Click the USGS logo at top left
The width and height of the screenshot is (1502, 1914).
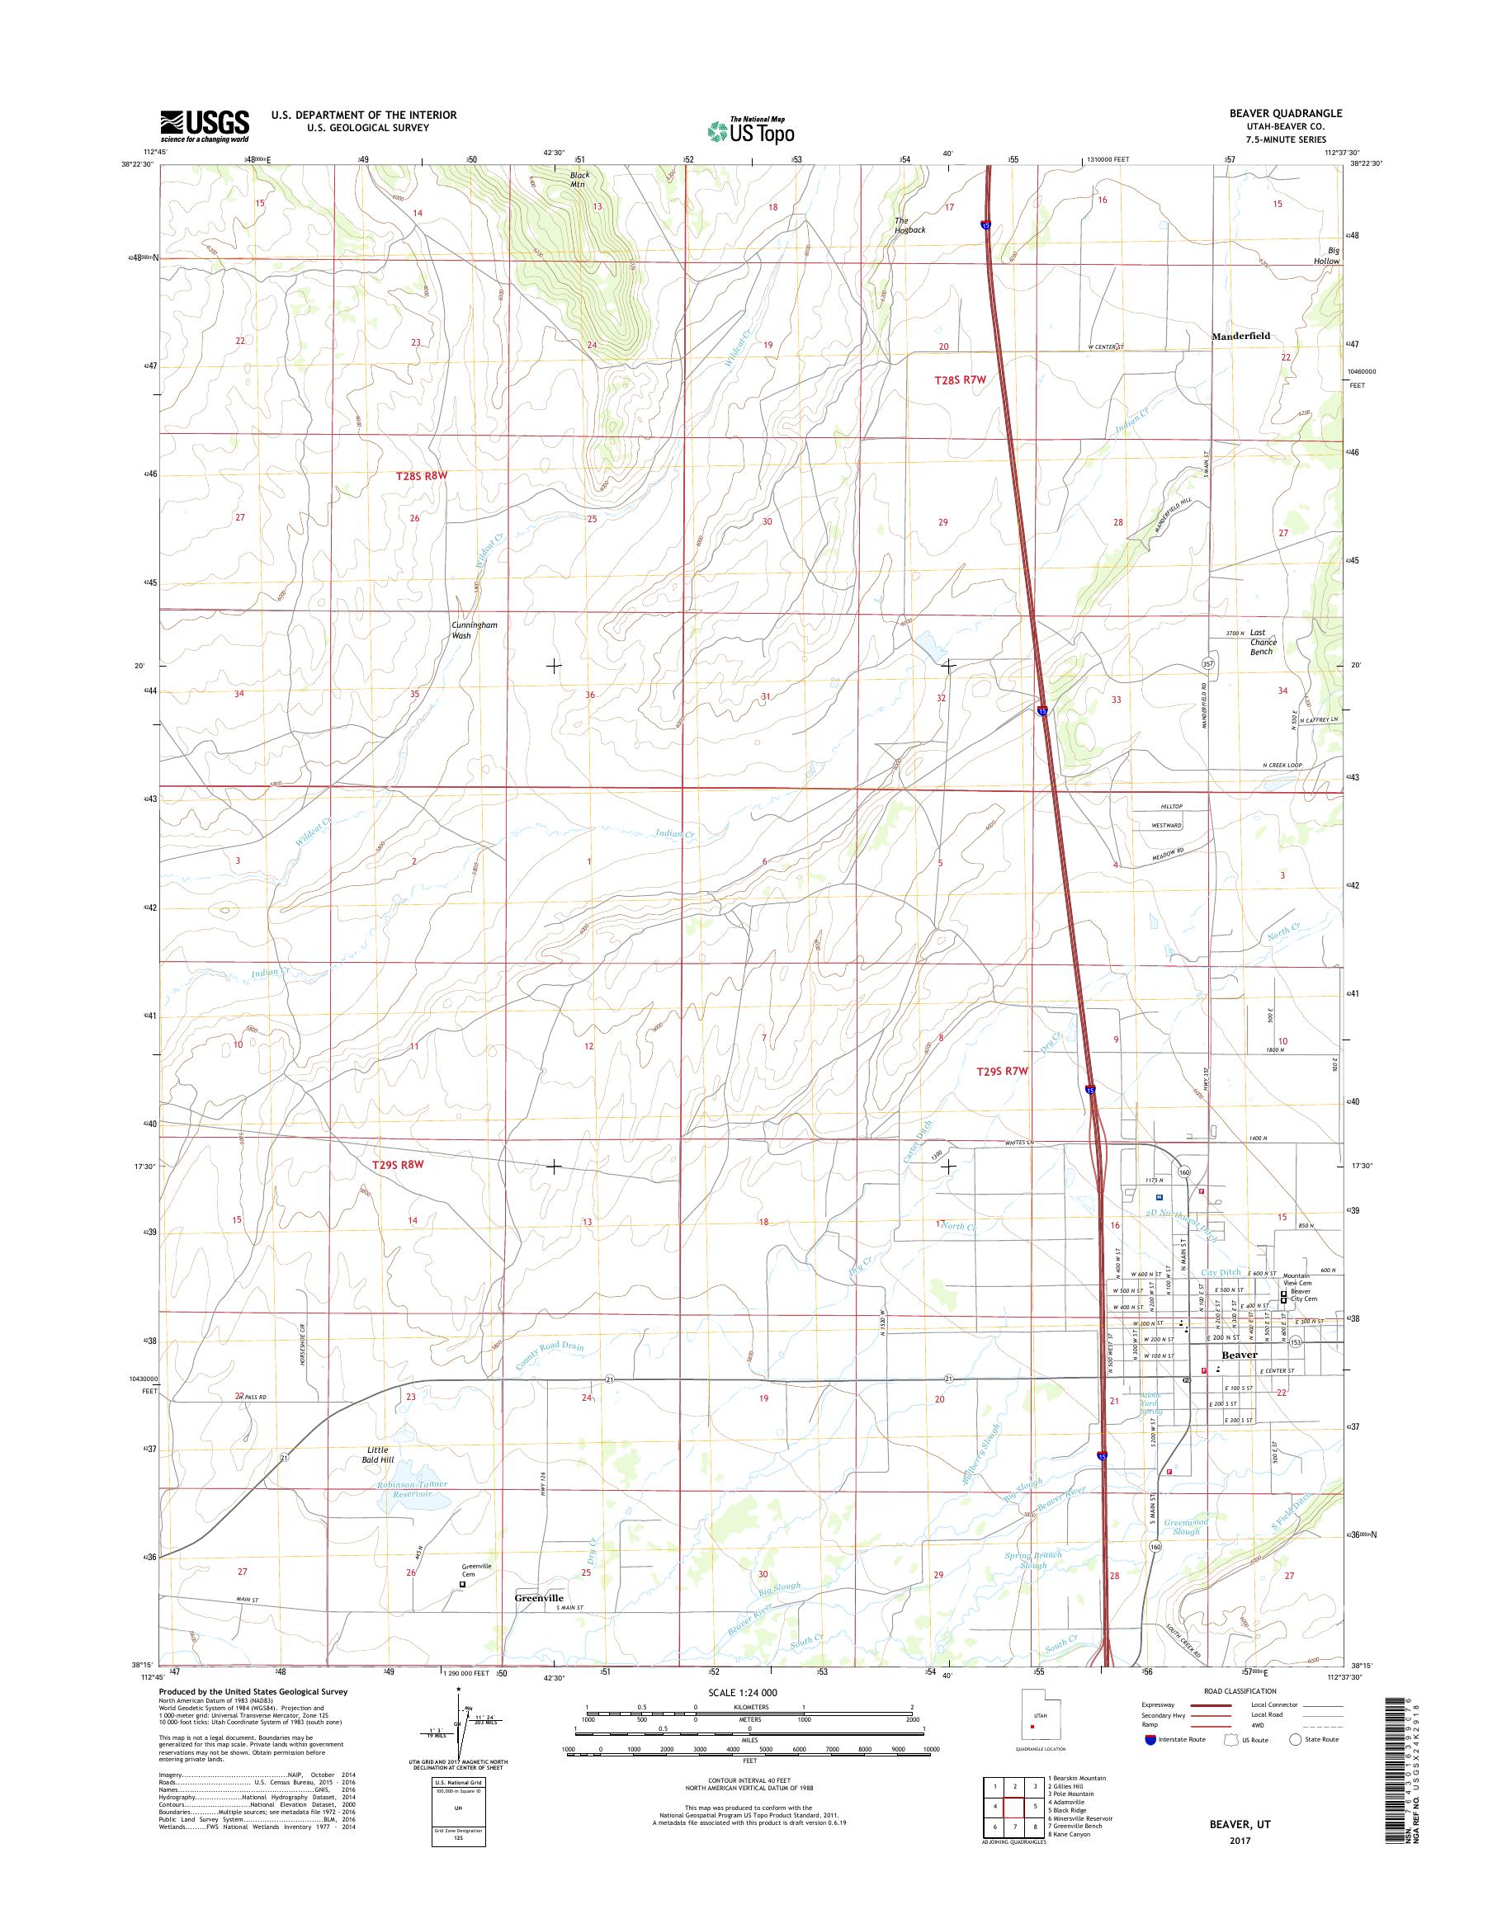coord(204,125)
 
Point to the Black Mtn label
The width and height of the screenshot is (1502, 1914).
coord(579,179)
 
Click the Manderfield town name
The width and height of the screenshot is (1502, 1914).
coord(1241,335)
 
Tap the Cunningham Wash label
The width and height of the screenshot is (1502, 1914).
coord(474,629)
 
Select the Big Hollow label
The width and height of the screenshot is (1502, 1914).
coord(1328,256)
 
